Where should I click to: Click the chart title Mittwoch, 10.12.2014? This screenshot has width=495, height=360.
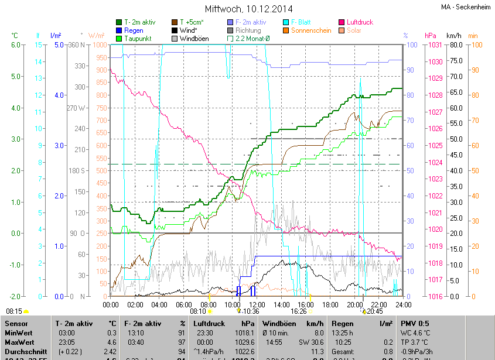click(x=248, y=9)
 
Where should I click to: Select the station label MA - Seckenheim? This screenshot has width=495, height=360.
click(x=466, y=7)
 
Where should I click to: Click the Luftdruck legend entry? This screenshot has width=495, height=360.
click(x=360, y=22)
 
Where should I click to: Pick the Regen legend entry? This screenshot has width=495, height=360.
click(x=134, y=30)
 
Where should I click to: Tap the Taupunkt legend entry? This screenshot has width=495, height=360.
click(x=138, y=39)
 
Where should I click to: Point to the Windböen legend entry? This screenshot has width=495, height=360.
click(x=194, y=39)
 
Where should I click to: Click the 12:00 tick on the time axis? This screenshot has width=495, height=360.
click(x=257, y=305)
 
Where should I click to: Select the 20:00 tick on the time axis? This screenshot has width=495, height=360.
click(x=354, y=305)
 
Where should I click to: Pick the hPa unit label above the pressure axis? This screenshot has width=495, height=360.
click(x=431, y=36)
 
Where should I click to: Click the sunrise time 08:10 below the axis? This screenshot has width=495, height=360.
click(x=198, y=312)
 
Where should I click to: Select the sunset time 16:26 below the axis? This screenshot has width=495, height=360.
click(x=299, y=312)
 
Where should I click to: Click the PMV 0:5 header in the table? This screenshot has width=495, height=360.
click(x=415, y=323)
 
